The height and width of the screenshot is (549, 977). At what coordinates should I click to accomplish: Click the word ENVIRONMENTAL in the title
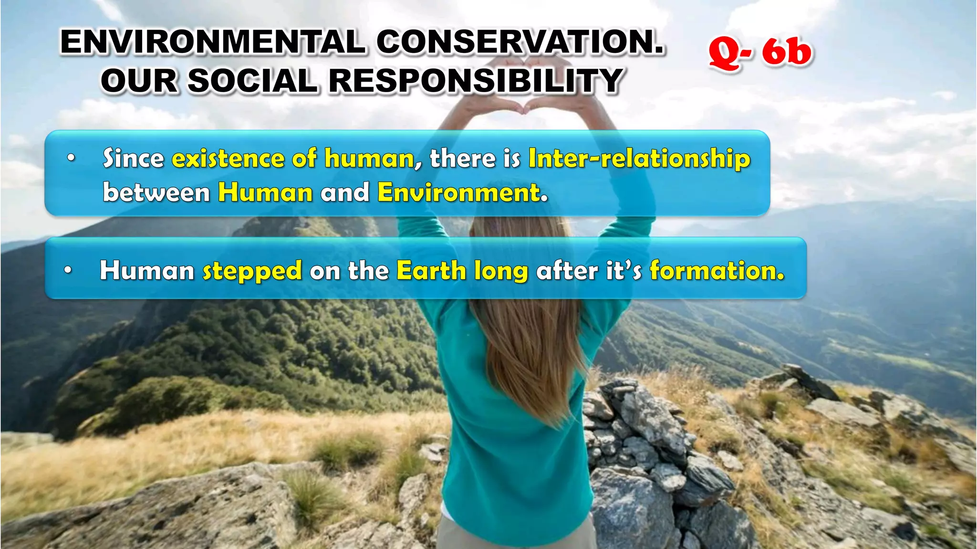tap(212, 42)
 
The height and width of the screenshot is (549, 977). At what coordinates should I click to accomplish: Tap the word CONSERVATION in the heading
tap(520, 42)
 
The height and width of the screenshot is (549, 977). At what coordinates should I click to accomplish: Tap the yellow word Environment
tap(462, 192)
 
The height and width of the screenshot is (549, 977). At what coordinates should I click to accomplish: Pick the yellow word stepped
tap(252, 271)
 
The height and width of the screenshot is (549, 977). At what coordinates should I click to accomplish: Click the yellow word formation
tap(717, 271)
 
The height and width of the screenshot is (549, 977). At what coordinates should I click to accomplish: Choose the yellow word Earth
tap(431, 271)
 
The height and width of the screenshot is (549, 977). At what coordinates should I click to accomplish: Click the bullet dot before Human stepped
tap(68, 271)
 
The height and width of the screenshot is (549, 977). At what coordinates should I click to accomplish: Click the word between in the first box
tap(156, 192)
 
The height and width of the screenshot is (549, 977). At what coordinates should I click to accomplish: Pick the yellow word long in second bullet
tap(501, 271)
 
